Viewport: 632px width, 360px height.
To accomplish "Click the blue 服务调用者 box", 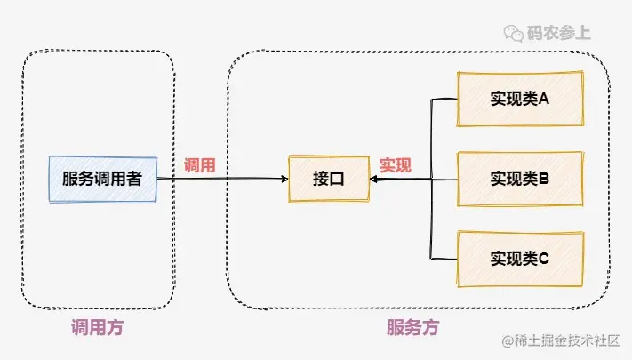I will pyautogui.click(x=102, y=178).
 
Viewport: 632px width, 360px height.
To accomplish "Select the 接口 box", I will pyautogui.click(x=328, y=179).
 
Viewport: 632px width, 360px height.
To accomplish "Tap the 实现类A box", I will pyautogui.click(x=520, y=98).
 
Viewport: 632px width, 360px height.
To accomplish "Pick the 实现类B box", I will pyautogui.click(x=520, y=178).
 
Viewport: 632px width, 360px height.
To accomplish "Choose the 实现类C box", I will pyautogui.click(x=520, y=259).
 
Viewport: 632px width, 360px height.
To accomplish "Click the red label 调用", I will pyautogui.click(x=199, y=165).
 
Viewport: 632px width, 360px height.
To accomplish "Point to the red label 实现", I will pyautogui.click(x=396, y=165).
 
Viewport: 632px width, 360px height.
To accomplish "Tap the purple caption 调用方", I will pyautogui.click(x=97, y=328).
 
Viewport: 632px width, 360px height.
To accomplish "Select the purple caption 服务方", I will pyautogui.click(x=412, y=328).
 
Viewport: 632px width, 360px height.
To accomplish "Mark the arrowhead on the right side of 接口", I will pyautogui.click(x=373, y=180).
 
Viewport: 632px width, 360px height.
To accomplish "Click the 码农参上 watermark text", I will pyautogui.click(x=560, y=34).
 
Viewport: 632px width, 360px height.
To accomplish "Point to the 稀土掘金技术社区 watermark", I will pyautogui.click(x=564, y=340).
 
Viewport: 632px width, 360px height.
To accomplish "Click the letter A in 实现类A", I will pyautogui.click(x=544, y=98).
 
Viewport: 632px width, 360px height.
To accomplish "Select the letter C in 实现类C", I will pyautogui.click(x=544, y=259).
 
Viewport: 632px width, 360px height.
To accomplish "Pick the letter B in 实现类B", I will pyautogui.click(x=544, y=178).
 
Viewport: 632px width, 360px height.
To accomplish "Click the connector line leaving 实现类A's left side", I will pyautogui.click(x=443, y=99).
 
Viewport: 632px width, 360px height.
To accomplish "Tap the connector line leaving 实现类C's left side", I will pyautogui.click(x=443, y=259).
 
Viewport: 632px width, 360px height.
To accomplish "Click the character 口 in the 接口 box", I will pyautogui.click(x=337, y=179).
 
